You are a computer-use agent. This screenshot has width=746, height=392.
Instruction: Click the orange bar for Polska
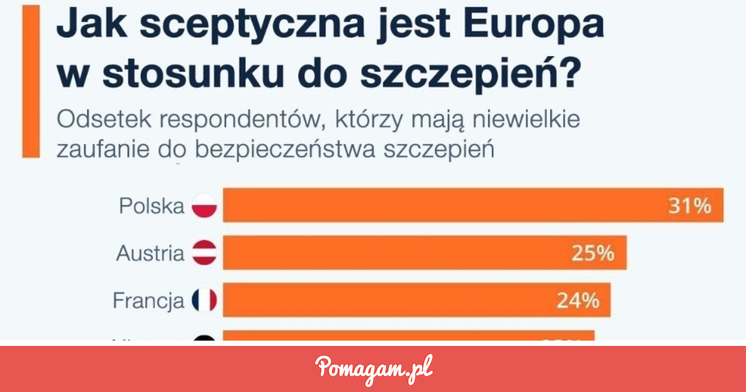coord(472,205)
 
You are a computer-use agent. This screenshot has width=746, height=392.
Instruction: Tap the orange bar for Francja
coord(417,301)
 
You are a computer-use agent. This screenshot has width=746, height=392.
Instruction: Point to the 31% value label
coord(689,206)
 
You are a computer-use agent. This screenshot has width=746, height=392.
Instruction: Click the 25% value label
coord(592,253)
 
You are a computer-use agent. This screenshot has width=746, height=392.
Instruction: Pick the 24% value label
coord(578,301)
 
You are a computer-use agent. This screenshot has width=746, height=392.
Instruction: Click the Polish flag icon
coord(205,206)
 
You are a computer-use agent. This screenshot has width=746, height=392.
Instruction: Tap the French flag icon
coord(205,301)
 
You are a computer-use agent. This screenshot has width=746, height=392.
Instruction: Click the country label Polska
coord(152,206)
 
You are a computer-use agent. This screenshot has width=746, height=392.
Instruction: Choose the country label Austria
coord(150,253)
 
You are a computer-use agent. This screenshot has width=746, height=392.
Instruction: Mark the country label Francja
coord(149,301)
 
